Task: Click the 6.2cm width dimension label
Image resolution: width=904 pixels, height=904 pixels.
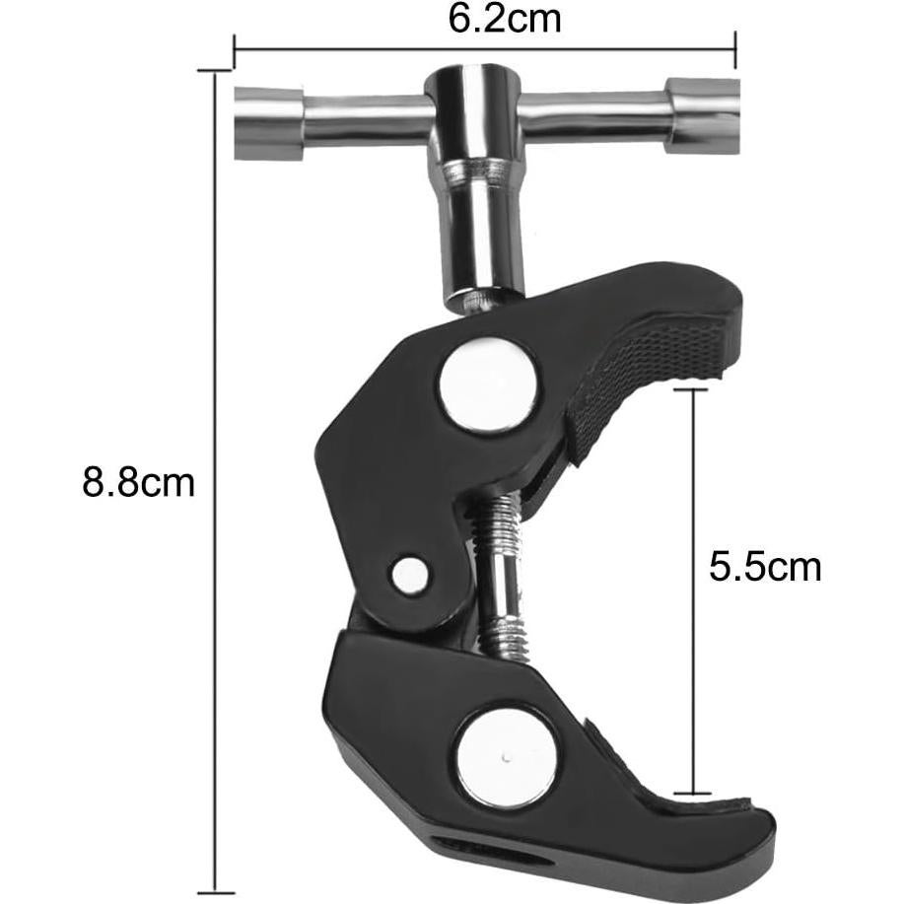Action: point(504,20)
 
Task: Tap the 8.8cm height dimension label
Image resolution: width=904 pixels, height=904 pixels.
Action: point(138,482)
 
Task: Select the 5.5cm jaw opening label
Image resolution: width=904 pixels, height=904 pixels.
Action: point(764,567)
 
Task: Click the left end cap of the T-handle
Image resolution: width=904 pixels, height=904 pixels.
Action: point(269,123)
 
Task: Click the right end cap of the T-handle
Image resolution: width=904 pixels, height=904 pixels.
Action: point(702,116)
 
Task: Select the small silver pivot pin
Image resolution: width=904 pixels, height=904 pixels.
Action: point(410,574)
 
